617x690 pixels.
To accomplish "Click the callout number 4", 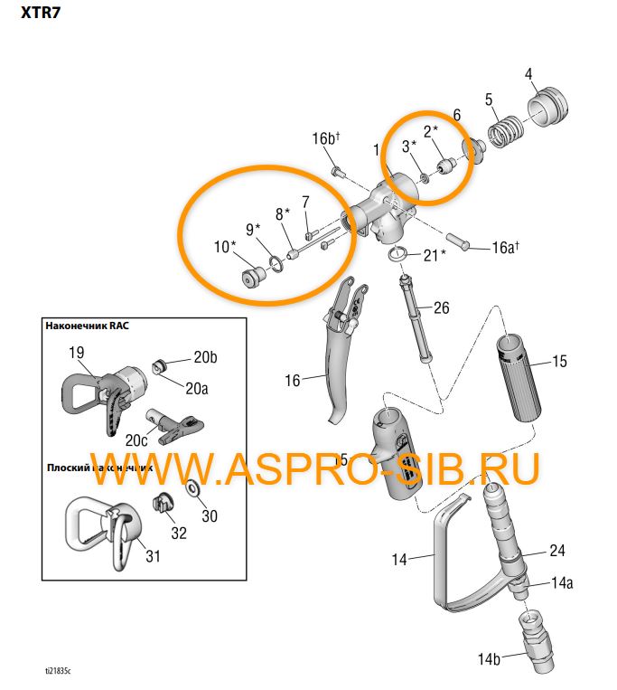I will click(x=529, y=74).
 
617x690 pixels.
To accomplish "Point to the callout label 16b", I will click(x=325, y=138).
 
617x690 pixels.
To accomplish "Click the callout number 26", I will click(x=441, y=308).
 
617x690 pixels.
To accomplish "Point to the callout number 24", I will click(x=556, y=551).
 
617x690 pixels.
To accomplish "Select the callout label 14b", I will click(x=488, y=659).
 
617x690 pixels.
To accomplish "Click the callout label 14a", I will click(x=562, y=583).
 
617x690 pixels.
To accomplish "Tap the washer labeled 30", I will click(x=193, y=490).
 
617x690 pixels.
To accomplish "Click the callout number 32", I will click(x=179, y=533).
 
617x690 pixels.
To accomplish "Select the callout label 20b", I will click(x=206, y=357).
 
